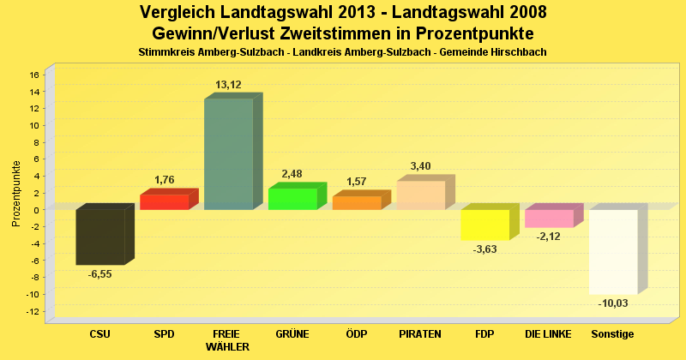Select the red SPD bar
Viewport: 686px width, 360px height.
tap(164, 201)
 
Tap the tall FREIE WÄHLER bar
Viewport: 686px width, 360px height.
tap(228, 154)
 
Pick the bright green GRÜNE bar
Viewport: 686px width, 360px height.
tap(292, 199)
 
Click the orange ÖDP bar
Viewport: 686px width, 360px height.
tap(356, 202)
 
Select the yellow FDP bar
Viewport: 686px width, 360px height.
tap(484, 225)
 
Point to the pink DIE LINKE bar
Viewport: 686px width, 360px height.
tap(549, 219)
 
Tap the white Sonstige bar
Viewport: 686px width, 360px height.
tap(612, 251)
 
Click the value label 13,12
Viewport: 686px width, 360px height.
tap(228, 85)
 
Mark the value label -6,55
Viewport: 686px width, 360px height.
tap(99, 274)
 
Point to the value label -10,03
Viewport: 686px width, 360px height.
tap(613, 303)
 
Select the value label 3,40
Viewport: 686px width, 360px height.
tap(421, 166)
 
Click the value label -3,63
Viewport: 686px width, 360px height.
tap(485, 250)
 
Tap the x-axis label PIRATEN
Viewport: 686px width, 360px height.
tap(420, 333)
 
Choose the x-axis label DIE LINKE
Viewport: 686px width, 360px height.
tap(549, 333)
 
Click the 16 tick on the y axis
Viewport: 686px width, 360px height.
tap(34, 75)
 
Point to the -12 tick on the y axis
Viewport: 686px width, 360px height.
tap(33, 311)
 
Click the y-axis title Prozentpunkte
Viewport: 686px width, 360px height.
tap(16, 193)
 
